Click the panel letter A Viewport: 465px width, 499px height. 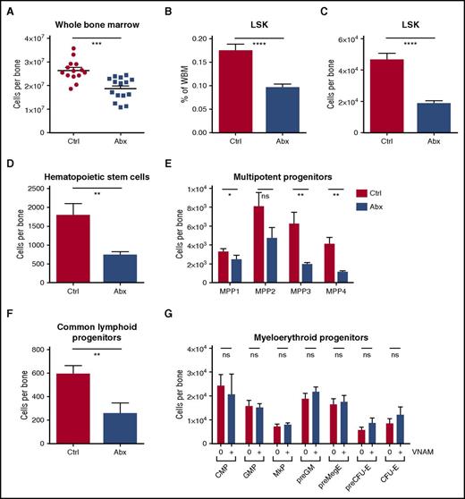pos(7,8)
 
